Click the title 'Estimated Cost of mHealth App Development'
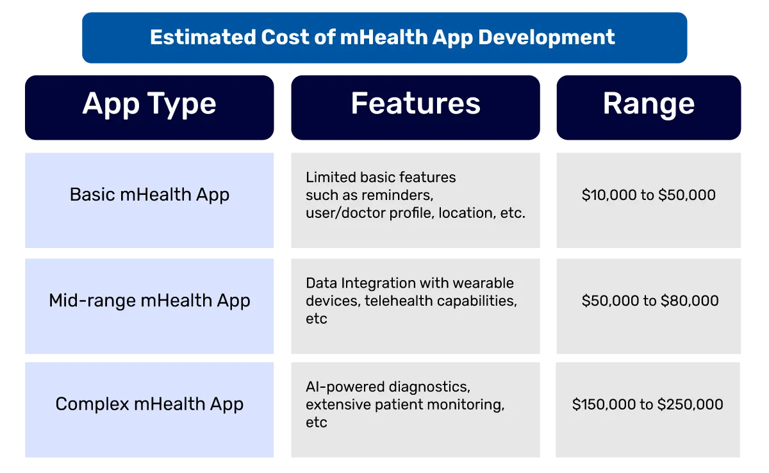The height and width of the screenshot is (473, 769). [x=383, y=37]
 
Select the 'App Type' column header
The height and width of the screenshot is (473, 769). [x=149, y=104]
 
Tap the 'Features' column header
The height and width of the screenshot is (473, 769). [x=415, y=104]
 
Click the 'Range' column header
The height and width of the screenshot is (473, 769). [x=649, y=104]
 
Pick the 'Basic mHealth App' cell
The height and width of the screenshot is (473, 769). [x=149, y=195]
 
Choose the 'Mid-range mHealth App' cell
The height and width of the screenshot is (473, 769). [x=149, y=301]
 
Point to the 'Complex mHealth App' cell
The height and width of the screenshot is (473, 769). [x=149, y=404]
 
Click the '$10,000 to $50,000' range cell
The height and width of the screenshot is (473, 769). [x=649, y=195]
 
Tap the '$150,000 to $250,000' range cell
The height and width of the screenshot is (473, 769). [x=648, y=404]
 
